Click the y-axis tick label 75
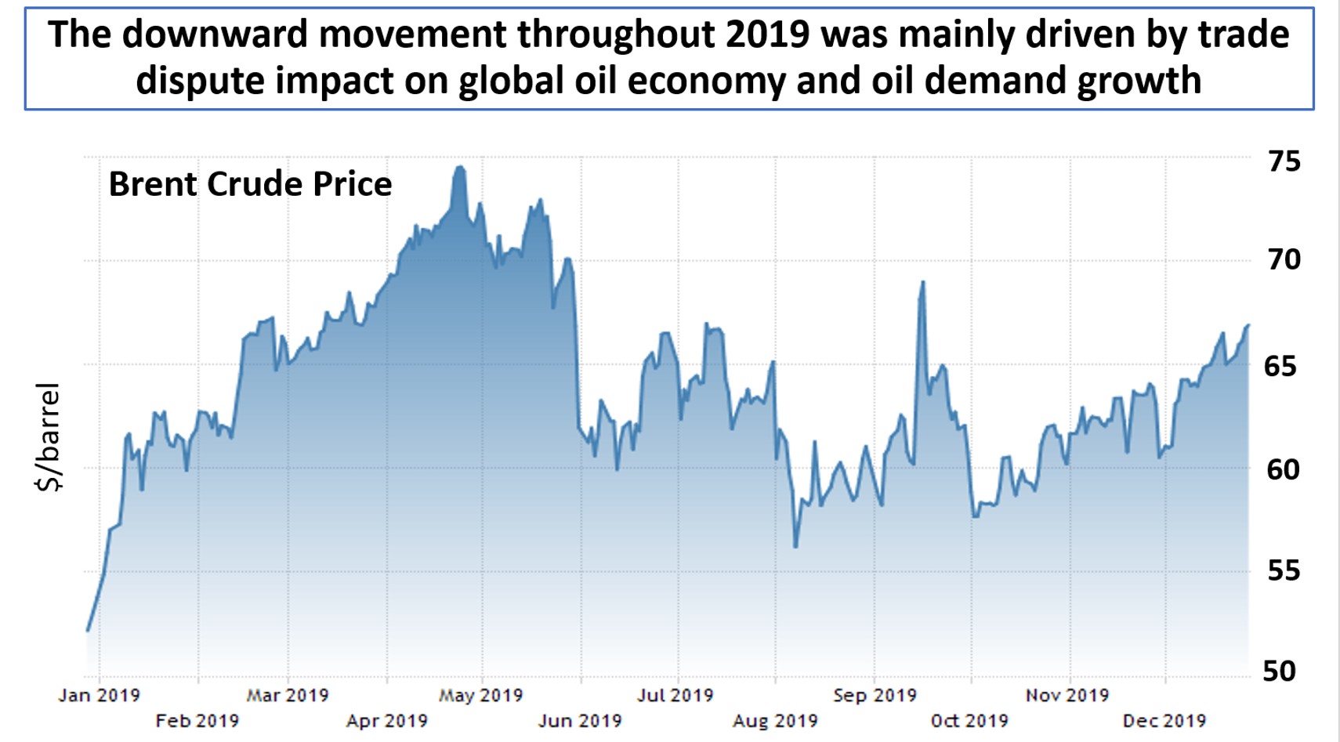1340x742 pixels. click(1284, 161)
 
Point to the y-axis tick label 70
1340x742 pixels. click(1284, 259)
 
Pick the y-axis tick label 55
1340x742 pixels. click(1284, 570)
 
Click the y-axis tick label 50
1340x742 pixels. click(1280, 671)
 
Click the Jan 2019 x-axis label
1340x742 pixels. click(99, 695)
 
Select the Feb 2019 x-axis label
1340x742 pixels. click(197, 721)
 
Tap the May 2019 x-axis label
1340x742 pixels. click(480, 695)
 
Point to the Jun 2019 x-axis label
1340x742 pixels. click(579, 721)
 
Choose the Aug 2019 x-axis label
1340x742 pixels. click(774, 721)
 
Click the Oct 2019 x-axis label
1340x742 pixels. click(969, 721)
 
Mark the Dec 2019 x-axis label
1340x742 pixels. click(1164, 721)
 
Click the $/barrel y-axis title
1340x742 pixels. click(49, 437)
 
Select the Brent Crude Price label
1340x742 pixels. click(250, 185)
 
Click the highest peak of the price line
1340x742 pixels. click(460, 167)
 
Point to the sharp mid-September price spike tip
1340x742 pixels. click(923, 282)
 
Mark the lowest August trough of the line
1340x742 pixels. click(795, 546)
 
